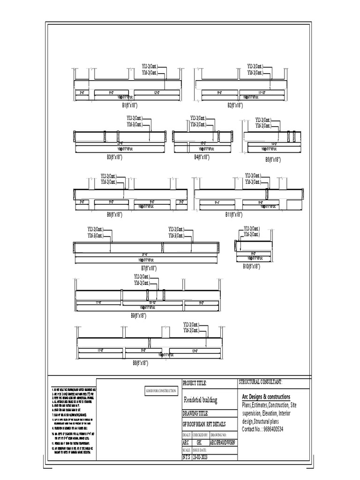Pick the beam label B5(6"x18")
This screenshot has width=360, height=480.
(273, 160)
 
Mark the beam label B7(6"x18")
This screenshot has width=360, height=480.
(149, 268)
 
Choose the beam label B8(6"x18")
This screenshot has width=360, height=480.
(141, 363)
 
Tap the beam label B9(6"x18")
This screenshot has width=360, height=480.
(139, 316)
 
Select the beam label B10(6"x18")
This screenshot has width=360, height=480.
(252, 266)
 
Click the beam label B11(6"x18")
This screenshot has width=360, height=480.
(233, 214)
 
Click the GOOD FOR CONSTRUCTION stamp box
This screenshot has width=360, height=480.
(161, 390)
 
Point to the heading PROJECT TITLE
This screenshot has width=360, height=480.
(194, 383)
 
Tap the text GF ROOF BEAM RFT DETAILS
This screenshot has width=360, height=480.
(204, 424)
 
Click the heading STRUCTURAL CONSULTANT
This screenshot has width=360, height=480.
(260, 382)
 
